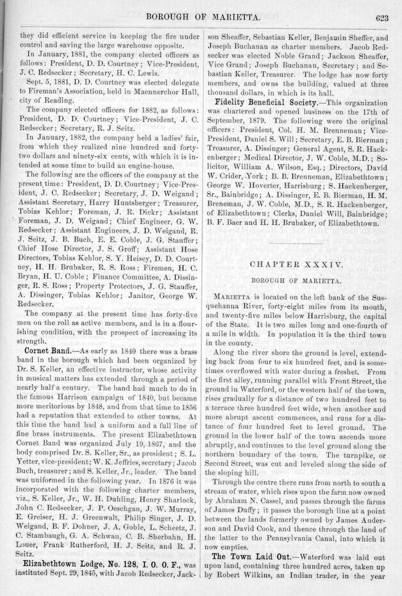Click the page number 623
[382, 18]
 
